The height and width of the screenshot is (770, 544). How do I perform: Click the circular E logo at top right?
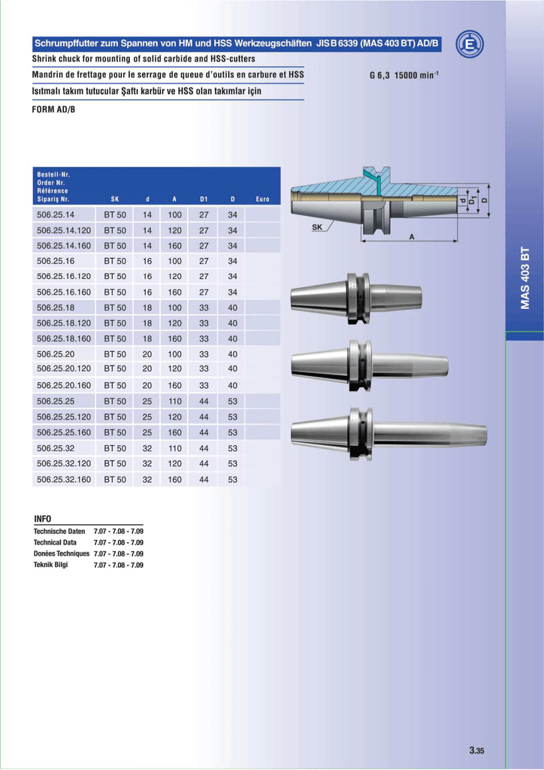pyautogui.click(x=470, y=44)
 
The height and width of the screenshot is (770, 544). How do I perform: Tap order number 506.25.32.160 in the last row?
pyautogui.click(x=64, y=479)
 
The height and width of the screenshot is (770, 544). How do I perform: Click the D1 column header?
pyautogui.click(x=204, y=199)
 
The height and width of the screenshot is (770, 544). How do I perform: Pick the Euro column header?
pyautogui.click(x=262, y=199)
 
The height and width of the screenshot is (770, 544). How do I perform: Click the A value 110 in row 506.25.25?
pyautogui.click(x=174, y=402)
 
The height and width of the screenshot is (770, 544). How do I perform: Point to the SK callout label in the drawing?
pyautogui.click(x=317, y=227)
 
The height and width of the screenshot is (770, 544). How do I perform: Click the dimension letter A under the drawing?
pyautogui.click(x=412, y=237)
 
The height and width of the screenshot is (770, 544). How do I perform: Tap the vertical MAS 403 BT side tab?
pyautogui.click(x=525, y=278)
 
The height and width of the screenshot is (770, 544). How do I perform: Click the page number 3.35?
pyautogui.click(x=476, y=750)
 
